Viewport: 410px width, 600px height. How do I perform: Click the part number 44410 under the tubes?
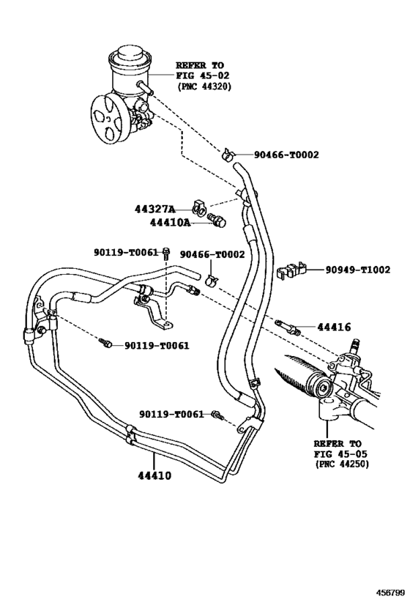point(154,475)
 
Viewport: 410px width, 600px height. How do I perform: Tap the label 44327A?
point(154,210)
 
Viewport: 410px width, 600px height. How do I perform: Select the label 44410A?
point(170,222)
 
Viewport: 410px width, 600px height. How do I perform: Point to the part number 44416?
point(334,327)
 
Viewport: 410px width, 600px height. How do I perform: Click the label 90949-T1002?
point(358,270)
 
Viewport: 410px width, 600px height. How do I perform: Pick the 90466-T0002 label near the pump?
point(286,155)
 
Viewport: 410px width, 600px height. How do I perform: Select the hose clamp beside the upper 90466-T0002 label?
point(228,154)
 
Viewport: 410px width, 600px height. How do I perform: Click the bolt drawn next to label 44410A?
point(217,220)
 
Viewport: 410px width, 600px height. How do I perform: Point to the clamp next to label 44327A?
point(199,207)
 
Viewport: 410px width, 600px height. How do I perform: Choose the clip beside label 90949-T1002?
point(290,270)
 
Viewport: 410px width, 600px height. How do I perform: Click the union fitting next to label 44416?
point(287,326)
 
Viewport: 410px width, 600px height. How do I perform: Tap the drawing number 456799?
point(390,593)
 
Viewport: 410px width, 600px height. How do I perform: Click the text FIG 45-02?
point(203,75)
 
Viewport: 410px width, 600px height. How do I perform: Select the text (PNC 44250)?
point(341,464)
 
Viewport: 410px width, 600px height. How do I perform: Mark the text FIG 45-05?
point(340,453)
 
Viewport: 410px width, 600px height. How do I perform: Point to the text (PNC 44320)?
point(204,86)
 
